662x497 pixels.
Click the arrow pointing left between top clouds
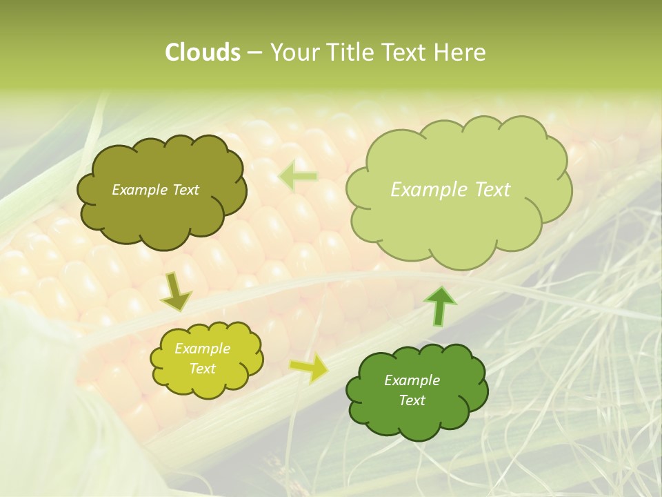pyautogui.click(x=298, y=177)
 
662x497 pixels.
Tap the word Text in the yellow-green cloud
pyautogui.click(x=202, y=369)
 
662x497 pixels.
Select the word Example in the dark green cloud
pyautogui.click(x=412, y=380)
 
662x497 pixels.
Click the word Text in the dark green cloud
pyautogui.click(x=412, y=400)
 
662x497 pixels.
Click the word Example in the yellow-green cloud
pyautogui.click(x=202, y=349)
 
